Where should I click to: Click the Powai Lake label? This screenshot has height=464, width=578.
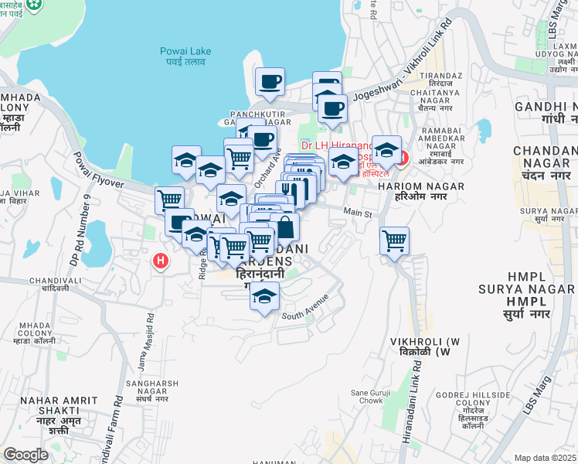click(185, 56)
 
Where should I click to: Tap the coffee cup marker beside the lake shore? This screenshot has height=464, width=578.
click(270, 82)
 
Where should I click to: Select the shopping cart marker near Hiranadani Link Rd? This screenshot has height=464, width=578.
click(395, 241)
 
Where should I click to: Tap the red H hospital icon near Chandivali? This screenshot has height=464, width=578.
click(161, 261)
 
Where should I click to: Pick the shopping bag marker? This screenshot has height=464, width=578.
click(284, 228)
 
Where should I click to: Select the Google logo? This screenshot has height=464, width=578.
click(25, 455)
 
